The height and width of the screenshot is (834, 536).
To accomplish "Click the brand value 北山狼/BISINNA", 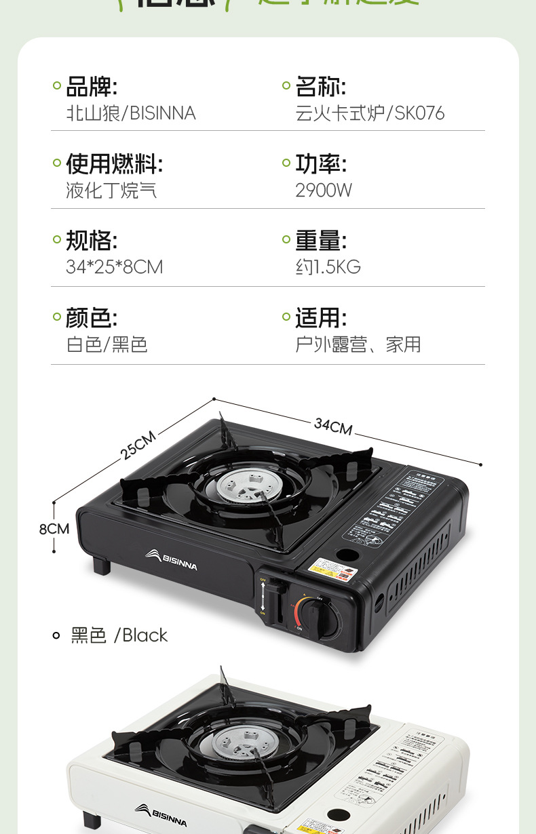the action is [x=131, y=113].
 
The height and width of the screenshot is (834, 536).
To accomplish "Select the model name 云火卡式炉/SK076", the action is [x=370, y=113].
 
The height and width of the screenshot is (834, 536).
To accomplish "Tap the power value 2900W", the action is [x=324, y=191].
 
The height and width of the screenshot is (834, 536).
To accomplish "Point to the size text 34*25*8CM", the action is [x=115, y=267].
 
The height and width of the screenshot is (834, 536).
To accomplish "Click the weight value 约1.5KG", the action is [x=328, y=267].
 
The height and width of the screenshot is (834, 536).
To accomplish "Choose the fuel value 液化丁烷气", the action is [x=111, y=191].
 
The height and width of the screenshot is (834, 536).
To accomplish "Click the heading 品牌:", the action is [x=92, y=87].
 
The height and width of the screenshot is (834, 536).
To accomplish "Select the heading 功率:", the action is [x=321, y=164].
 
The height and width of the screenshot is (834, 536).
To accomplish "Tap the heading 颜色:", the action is [x=92, y=318].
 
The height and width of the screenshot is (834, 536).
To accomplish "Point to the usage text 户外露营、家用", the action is [x=358, y=344].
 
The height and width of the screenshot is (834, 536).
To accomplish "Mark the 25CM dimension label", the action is [x=139, y=445].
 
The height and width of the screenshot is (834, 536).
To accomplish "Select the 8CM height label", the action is [x=54, y=528].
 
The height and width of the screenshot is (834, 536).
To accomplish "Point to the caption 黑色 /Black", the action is [x=119, y=635].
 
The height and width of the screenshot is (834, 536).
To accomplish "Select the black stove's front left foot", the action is [x=102, y=564].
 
